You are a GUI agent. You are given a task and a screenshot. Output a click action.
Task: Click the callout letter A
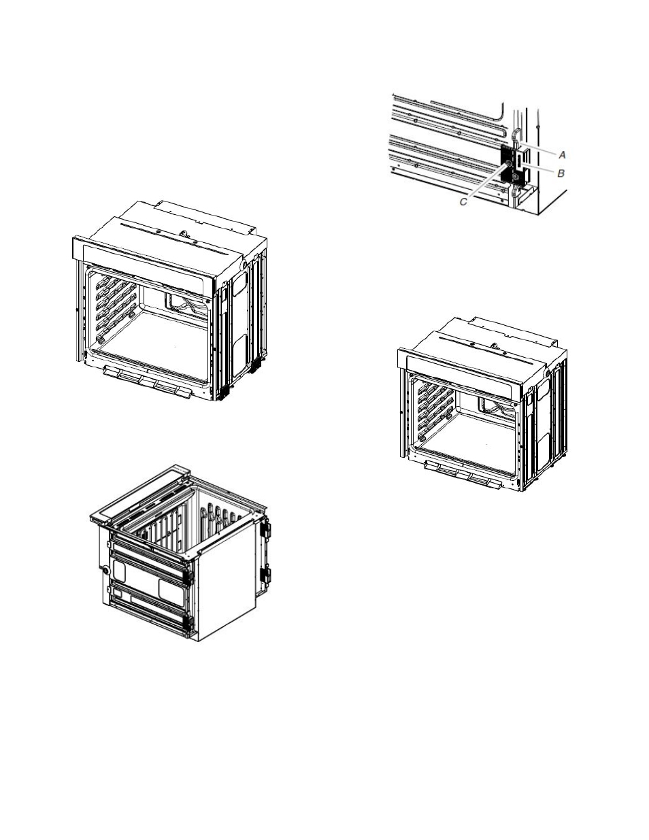pyautogui.click(x=562, y=154)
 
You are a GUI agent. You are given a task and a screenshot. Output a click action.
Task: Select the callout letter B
pyautogui.click(x=561, y=173)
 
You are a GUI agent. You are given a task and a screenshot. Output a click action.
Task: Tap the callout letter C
pyautogui.click(x=463, y=201)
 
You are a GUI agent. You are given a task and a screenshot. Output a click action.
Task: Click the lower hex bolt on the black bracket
pyautogui.click(x=515, y=177)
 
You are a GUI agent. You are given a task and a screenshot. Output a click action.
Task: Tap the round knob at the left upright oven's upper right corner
pyautogui.click(x=244, y=265)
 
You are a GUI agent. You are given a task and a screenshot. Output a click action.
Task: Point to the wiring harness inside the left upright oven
pyautogui.click(x=186, y=302)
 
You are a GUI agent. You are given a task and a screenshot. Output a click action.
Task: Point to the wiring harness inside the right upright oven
pyautogui.click(x=497, y=405)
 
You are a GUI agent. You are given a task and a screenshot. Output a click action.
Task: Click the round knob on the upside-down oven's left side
pyautogui.click(x=106, y=569)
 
